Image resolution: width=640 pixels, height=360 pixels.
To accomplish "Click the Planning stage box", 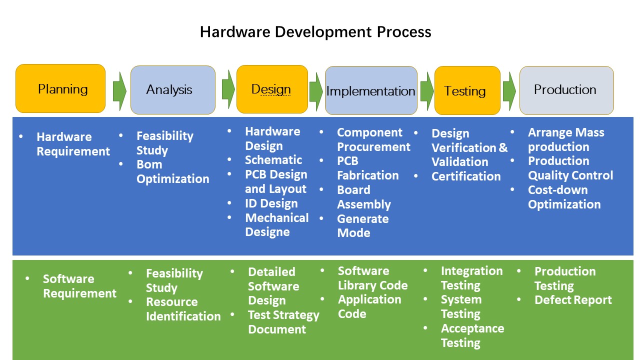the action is (x=60, y=88).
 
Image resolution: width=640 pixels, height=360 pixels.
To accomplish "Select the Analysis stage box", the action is (x=173, y=90).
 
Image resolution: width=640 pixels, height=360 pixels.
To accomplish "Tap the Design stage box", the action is (x=272, y=89).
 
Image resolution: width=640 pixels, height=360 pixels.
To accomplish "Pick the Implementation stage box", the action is (x=371, y=90).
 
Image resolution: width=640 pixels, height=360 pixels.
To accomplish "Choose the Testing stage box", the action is (x=467, y=90).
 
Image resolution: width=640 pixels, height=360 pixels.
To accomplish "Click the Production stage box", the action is (x=566, y=90).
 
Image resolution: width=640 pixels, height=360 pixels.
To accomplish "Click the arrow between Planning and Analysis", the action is (x=119, y=91).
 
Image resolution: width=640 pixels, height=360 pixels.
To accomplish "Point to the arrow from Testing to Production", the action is (x=509, y=91).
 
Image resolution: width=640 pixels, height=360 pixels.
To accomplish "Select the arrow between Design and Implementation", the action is (x=316, y=91).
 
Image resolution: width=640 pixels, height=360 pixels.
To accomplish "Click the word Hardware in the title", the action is (x=235, y=31).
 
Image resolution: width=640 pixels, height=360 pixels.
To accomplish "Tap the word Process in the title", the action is (x=404, y=31).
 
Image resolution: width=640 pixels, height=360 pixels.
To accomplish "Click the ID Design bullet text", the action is (x=271, y=203).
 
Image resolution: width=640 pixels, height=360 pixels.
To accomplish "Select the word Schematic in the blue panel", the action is (x=273, y=160).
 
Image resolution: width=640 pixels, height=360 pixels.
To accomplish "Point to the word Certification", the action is (x=466, y=176).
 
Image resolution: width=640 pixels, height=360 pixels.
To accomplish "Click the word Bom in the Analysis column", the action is (x=149, y=164).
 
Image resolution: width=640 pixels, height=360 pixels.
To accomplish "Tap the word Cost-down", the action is (x=557, y=189).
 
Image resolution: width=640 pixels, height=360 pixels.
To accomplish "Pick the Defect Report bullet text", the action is (x=573, y=300).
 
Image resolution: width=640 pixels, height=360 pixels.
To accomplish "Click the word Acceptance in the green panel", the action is (x=472, y=328).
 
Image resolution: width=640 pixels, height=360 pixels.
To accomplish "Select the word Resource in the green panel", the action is (x=171, y=302).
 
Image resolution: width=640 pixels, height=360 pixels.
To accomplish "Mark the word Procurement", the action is (x=373, y=147).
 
